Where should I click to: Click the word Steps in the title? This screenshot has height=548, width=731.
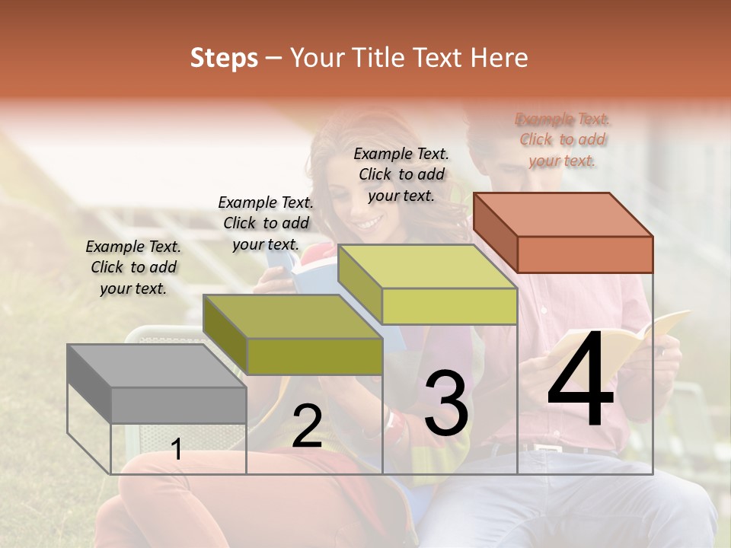(224, 58)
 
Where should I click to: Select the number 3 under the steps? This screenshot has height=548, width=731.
(445, 403)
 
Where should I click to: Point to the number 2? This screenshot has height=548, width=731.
(307, 426)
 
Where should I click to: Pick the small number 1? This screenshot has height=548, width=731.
(177, 450)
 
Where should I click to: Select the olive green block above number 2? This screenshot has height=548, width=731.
(293, 335)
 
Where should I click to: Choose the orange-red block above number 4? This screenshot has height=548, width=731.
(563, 232)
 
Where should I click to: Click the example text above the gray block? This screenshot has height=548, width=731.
(133, 267)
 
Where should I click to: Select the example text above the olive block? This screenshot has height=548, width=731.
(266, 223)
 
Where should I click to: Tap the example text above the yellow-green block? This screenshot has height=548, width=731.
(401, 174)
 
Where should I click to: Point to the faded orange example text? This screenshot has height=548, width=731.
(563, 139)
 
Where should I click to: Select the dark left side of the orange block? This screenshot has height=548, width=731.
(495, 231)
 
